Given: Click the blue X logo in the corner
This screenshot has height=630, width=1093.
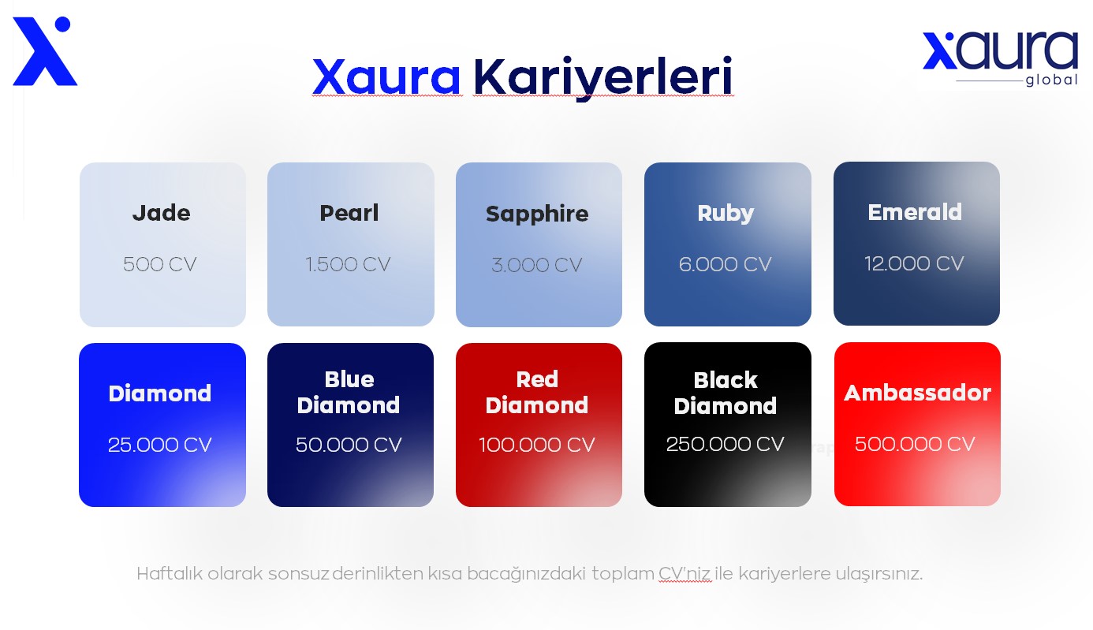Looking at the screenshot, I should tap(44, 52).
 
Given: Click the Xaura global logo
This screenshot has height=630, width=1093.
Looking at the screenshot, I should tap(999, 59).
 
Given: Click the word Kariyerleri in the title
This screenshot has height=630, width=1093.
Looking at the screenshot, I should tap(602, 77).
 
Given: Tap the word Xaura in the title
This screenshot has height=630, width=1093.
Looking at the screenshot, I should tap(386, 77).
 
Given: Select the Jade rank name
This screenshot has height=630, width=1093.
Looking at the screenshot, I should tap(161, 213).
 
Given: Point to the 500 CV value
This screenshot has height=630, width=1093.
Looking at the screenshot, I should tap(160, 264).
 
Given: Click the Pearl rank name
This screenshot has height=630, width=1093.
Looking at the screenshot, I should tap(349, 213).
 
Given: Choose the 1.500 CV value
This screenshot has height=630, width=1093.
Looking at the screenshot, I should tap(349, 264).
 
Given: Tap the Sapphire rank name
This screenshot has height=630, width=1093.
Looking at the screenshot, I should tap(537, 214).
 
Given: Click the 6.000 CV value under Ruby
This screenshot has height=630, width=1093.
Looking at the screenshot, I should tap(726, 264).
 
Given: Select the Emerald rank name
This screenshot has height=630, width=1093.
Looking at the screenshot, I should tap(915, 212).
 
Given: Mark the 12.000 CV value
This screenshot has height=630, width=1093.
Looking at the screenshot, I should tap(914, 263).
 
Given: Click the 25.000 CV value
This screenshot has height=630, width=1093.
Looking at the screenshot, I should tap(160, 445).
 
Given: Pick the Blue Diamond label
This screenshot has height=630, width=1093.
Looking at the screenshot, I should tap(349, 392).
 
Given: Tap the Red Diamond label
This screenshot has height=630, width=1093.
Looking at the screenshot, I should tap(537, 392).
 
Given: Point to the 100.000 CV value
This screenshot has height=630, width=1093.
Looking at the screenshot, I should tap(537, 445).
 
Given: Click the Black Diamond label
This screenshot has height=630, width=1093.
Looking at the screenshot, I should tap(726, 393).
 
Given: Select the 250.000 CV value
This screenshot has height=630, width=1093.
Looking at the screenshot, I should tap(726, 444).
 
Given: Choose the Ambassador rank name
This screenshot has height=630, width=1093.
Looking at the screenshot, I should tap(917, 393).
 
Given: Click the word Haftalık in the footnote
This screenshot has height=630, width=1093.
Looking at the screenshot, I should tap(170, 573).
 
